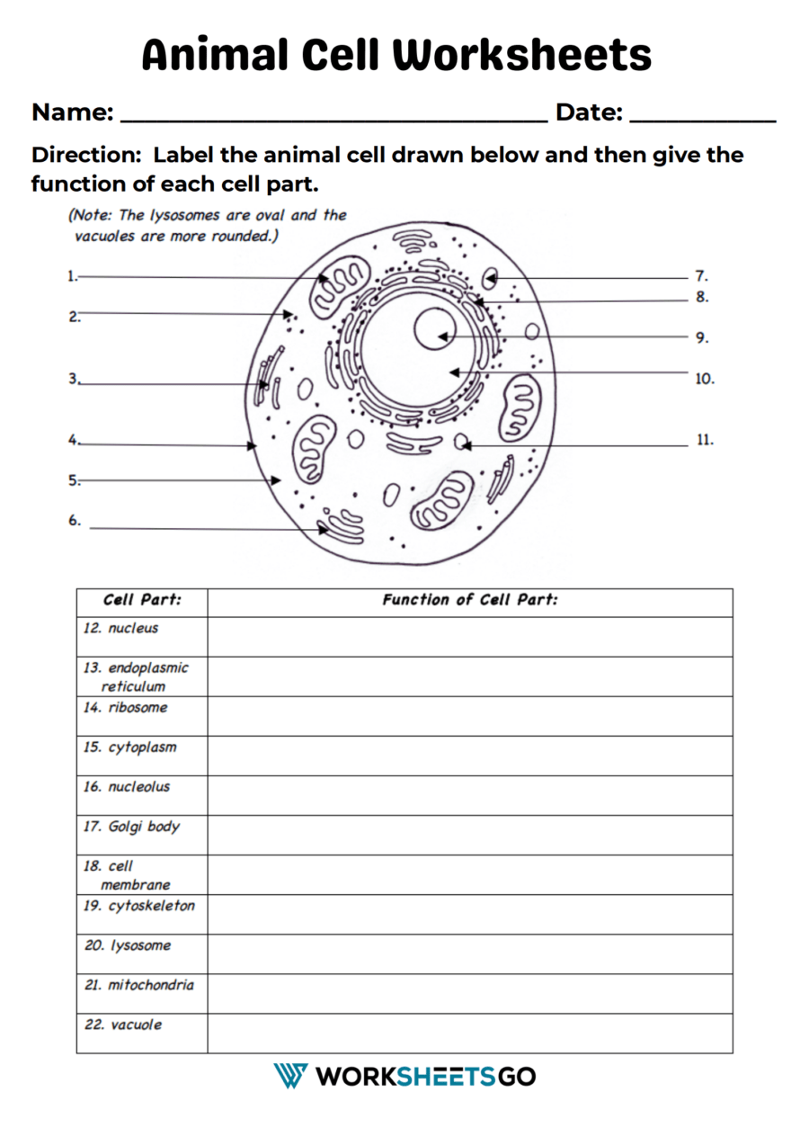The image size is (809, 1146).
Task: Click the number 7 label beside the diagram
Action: (x=701, y=277)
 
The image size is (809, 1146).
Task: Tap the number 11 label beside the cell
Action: (x=705, y=441)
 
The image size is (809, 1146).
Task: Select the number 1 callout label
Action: (x=72, y=277)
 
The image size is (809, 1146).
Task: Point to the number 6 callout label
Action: (x=75, y=521)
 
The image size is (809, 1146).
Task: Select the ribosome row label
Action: (x=138, y=707)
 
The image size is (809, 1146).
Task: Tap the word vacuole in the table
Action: (x=136, y=1024)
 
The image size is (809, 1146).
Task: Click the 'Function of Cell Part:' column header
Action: (x=469, y=600)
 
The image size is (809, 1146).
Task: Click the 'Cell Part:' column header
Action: (x=142, y=600)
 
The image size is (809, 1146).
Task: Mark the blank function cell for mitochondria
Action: (x=469, y=993)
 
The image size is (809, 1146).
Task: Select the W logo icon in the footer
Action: (x=290, y=1076)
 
